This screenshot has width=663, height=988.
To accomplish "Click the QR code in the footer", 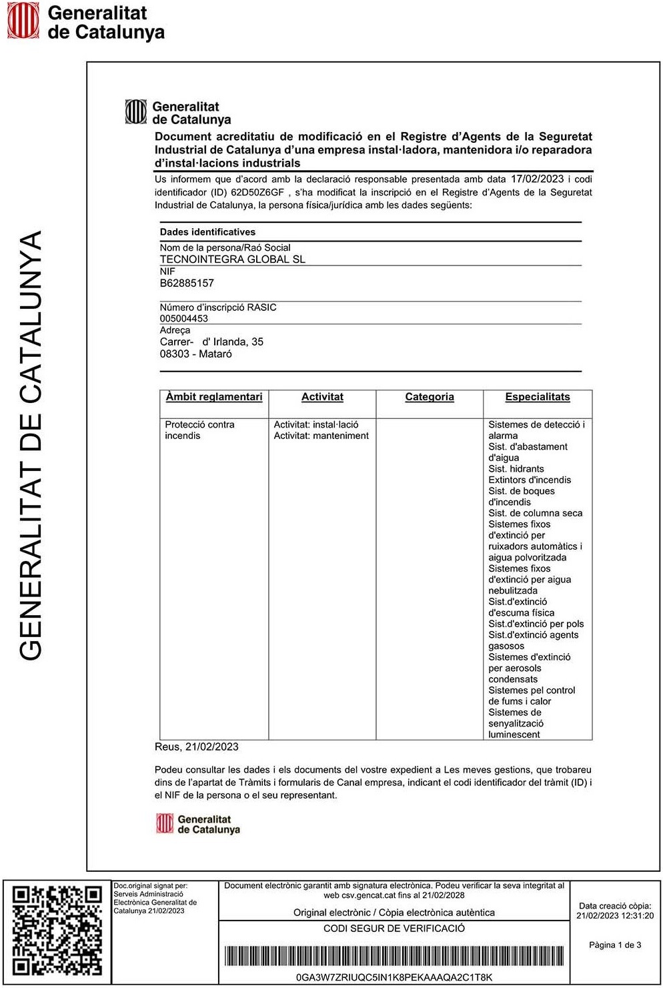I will coord(57,930).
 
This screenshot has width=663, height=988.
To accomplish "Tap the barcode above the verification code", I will coord(394,956).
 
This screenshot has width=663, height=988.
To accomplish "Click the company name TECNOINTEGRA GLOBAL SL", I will coord(232,260).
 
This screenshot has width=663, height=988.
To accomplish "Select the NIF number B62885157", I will coord(187,283).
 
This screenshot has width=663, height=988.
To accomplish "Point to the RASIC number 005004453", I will coord(183,318).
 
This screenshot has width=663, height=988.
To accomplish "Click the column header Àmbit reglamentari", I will coord(214,397).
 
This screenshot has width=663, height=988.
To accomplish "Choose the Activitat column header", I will coord(322,397).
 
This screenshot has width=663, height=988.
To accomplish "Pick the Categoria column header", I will coord(430,397).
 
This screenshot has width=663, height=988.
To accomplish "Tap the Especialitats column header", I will coord(538,397).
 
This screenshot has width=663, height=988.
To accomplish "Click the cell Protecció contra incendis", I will coord(199,430).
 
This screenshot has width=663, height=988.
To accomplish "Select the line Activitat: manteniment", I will coord(321,436).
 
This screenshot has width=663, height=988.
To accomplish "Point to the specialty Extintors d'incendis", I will coord(530,480).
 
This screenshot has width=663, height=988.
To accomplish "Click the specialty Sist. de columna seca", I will coord(535,513).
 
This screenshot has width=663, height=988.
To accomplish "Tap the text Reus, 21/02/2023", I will coord(196,747).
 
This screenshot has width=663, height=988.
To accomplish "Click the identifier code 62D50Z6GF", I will coord(257,192).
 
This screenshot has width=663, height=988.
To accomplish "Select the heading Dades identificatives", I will coord(207,232).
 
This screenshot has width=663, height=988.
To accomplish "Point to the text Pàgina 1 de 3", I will coord(615,945).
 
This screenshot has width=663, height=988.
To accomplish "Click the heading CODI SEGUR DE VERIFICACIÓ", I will coord(394,928).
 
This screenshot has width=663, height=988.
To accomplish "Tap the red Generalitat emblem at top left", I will coord(23,20).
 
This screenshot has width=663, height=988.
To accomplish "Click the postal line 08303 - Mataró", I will coord(195,354).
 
